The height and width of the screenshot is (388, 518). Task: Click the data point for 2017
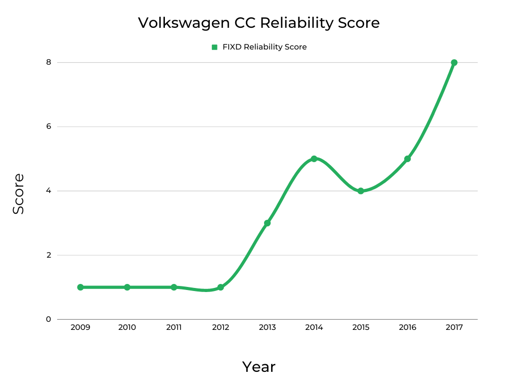[x=454, y=63]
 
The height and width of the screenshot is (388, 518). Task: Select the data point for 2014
[x=314, y=159]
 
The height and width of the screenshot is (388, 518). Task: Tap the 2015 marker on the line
[x=361, y=191]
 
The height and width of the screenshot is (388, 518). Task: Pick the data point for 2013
[x=267, y=223]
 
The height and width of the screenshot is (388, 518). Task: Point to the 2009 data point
[x=80, y=287]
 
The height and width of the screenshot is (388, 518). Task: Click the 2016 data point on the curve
[x=407, y=159]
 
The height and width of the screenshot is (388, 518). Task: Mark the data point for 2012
[x=221, y=287]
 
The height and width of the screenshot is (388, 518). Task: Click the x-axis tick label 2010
[x=127, y=327]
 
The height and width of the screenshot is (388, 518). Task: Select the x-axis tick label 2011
[x=174, y=327]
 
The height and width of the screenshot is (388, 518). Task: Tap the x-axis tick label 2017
[x=454, y=327]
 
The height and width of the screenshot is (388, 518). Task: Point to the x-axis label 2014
[x=314, y=327]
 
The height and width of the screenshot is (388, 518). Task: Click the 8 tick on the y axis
[x=49, y=62]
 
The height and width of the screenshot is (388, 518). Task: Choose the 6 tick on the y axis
[x=49, y=126]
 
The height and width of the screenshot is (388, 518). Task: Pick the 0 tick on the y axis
[x=49, y=319]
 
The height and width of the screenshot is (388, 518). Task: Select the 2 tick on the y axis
[x=49, y=255]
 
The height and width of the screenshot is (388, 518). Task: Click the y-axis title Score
[x=19, y=193]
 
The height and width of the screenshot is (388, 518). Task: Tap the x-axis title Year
[x=258, y=367]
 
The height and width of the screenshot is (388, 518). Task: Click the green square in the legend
[x=214, y=47]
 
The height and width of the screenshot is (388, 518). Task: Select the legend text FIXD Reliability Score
[x=265, y=47]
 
